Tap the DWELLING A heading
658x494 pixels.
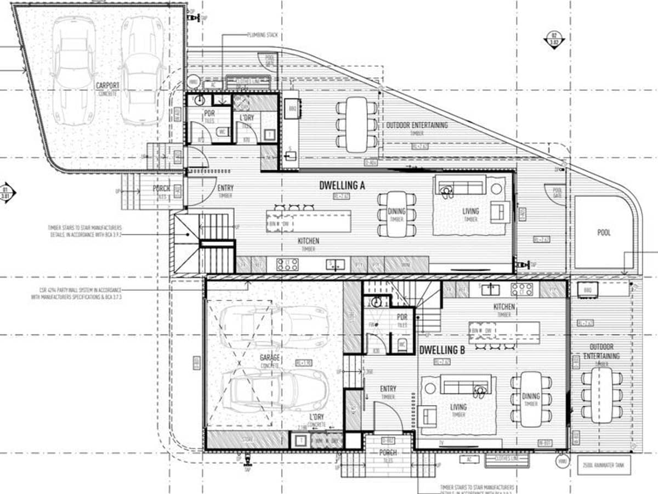click(342, 186)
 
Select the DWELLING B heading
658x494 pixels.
click(442, 350)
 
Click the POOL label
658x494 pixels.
click(603, 233)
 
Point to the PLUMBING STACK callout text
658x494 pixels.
click(262, 35)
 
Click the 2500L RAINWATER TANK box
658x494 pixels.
click(604, 465)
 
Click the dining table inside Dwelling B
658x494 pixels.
click(531, 398)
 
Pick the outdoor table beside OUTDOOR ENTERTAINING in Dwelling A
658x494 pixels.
click(357, 124)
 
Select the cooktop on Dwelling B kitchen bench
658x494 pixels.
click(521, 290)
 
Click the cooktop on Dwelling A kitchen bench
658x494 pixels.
click(287, 265)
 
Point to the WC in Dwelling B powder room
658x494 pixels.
click(402, 345)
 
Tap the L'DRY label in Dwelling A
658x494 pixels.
click(247, 118)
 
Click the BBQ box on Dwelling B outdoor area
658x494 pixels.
click(587, 289)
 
